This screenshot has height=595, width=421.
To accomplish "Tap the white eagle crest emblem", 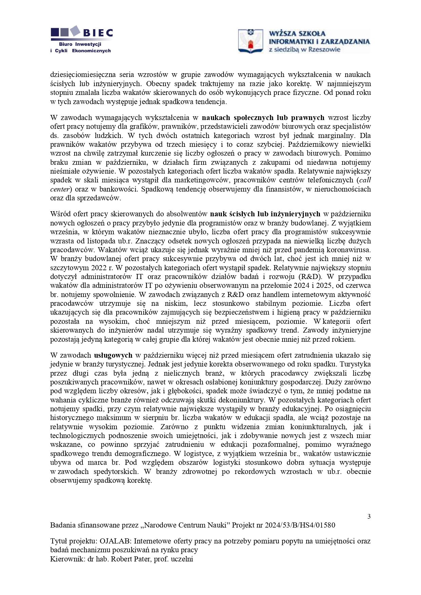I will [x=251, y=41].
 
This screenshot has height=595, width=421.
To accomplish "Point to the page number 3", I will [x=369, y=516].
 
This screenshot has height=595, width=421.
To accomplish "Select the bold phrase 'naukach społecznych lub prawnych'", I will [x=263, y=118].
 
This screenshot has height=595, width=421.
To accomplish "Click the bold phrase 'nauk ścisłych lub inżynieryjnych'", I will [x=265, y=214].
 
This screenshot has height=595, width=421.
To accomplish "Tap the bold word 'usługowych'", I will [x=113, y=355].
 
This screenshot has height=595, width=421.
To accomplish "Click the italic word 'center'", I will [x=60, y=189].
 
